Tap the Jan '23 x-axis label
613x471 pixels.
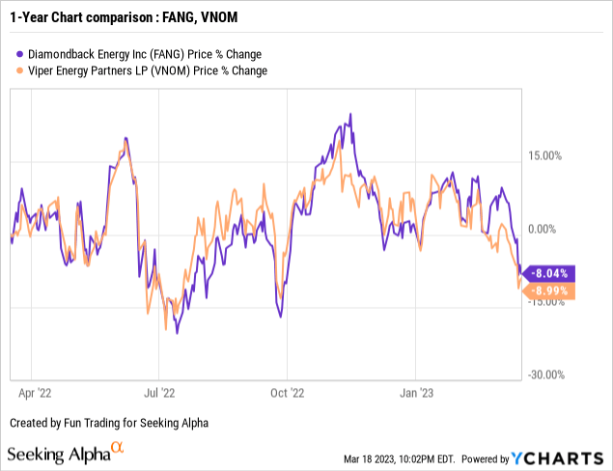point(416,393)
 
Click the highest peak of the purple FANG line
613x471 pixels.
point(349,114)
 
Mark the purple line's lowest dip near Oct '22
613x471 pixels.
point(281,316)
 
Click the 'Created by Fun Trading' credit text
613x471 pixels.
point(108,423)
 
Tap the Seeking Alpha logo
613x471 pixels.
point(66,453)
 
